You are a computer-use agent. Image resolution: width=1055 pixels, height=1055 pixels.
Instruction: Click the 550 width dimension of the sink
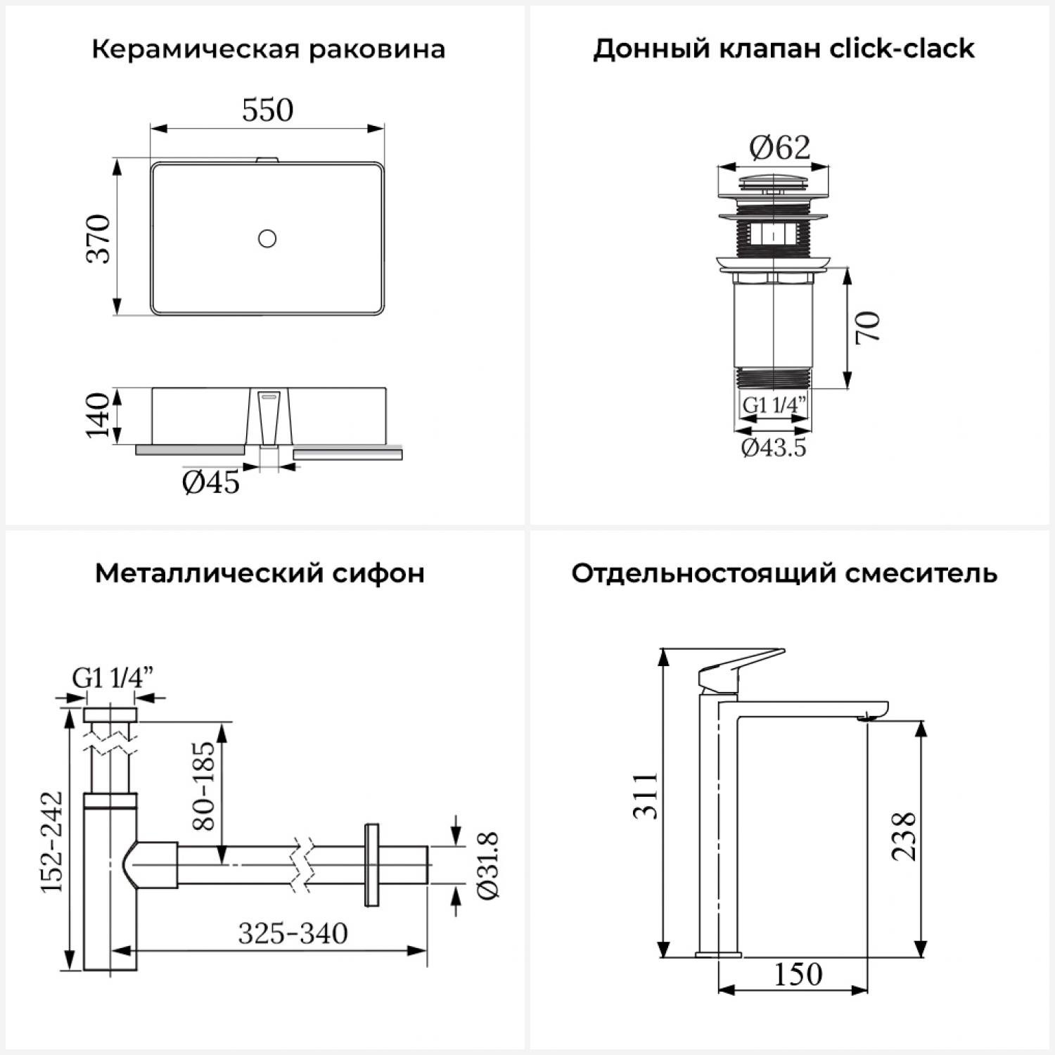[x=267, y=110]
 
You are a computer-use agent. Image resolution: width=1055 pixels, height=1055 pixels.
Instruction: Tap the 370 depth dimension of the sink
[x=98, y=238]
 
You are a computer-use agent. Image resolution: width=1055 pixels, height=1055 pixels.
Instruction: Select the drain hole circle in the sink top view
[x=267, y=238]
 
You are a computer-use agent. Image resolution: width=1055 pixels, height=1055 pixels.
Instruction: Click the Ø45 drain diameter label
[x=210, y=482]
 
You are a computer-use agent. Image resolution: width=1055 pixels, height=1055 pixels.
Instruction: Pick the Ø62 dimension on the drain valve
[x=779, y=148]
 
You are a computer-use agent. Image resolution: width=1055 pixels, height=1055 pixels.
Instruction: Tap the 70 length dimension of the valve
[x=868, y=327]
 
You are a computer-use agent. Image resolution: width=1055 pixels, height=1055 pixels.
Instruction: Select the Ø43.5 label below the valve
[x=774, y=447]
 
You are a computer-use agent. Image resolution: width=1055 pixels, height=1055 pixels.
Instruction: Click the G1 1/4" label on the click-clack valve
[x=774, y=406]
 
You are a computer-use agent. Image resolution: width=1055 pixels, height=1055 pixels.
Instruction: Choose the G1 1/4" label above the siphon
[x=113, y=678]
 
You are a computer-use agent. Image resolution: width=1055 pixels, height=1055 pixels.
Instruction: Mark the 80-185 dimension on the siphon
[x=203, y=785]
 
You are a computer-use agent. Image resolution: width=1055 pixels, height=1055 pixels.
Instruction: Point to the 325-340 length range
[x=293, y=934]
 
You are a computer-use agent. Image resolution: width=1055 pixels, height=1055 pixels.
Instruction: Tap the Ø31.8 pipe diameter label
[x=487, y=865]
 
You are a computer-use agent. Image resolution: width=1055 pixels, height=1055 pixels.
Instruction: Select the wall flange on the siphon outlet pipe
[x=371, y=864]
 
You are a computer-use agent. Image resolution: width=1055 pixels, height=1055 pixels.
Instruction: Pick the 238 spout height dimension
[x=904, y=836]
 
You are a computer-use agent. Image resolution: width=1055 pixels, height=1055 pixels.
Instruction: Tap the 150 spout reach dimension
[x=798, y=974]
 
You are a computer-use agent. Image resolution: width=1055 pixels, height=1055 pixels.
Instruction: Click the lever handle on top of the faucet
[x=738, y=665]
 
